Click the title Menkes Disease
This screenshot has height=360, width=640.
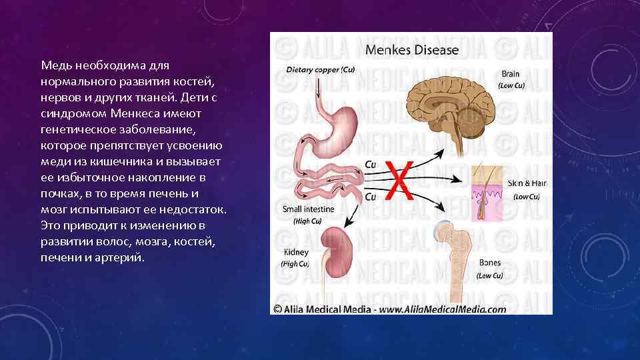[411, 49]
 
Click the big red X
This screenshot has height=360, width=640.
[399, 181]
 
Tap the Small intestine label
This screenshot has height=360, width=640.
[311, 209]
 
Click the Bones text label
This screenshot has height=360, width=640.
[490, 264]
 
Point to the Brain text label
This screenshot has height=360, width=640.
[510, 74]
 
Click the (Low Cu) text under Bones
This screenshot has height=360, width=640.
[489, 275]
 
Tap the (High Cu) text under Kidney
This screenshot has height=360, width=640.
[295, 264]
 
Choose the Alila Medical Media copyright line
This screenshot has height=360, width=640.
[389, 309]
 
